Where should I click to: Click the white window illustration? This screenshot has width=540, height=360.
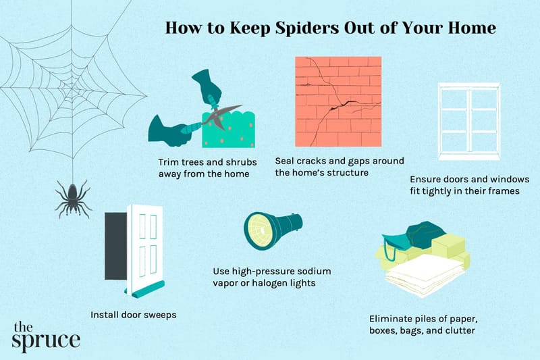(x=468, y=121)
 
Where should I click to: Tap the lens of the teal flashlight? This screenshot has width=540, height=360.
(x=259, y=230)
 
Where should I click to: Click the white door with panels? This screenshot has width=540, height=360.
(x=146, y=247)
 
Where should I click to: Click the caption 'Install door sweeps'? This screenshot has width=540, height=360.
(x=129, y=314)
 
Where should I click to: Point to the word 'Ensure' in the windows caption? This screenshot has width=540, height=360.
(x=427, y=180)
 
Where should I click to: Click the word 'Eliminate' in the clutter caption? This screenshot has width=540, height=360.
(x=391, y=317)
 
